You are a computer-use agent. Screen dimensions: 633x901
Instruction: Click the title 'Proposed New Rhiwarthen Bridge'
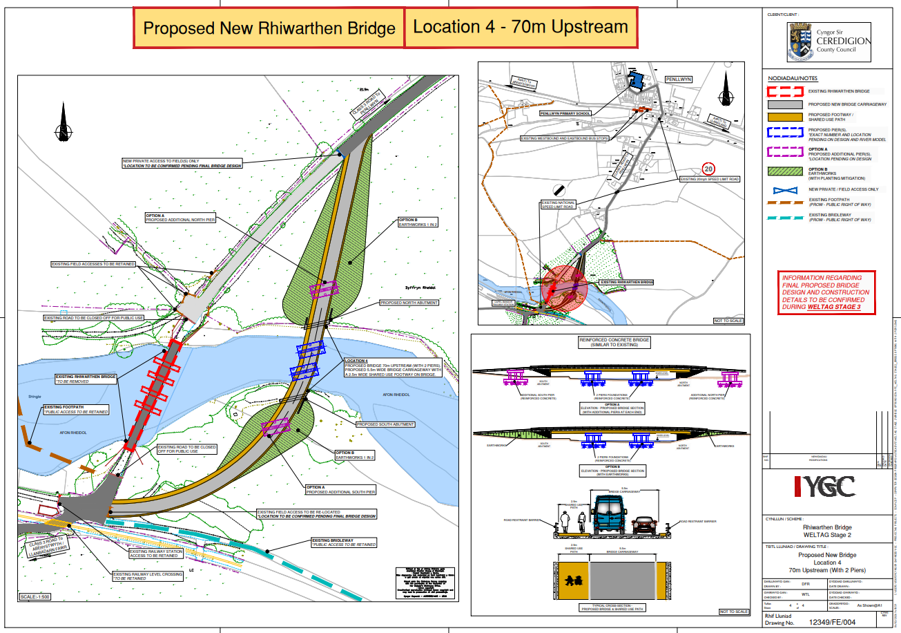tap(269, 28)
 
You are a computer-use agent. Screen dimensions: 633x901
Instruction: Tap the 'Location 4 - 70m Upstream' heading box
tap(521, 27)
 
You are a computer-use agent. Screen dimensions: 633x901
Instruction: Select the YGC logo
tap(824, 487)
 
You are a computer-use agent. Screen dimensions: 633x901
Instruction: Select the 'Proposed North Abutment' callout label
tap(409, 303)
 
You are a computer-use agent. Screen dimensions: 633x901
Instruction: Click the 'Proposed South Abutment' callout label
tap(385, 424)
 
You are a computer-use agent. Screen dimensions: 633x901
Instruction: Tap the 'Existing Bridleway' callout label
tap(344, 542)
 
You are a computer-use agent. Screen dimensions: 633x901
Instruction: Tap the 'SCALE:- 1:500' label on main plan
tap(39, 596)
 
